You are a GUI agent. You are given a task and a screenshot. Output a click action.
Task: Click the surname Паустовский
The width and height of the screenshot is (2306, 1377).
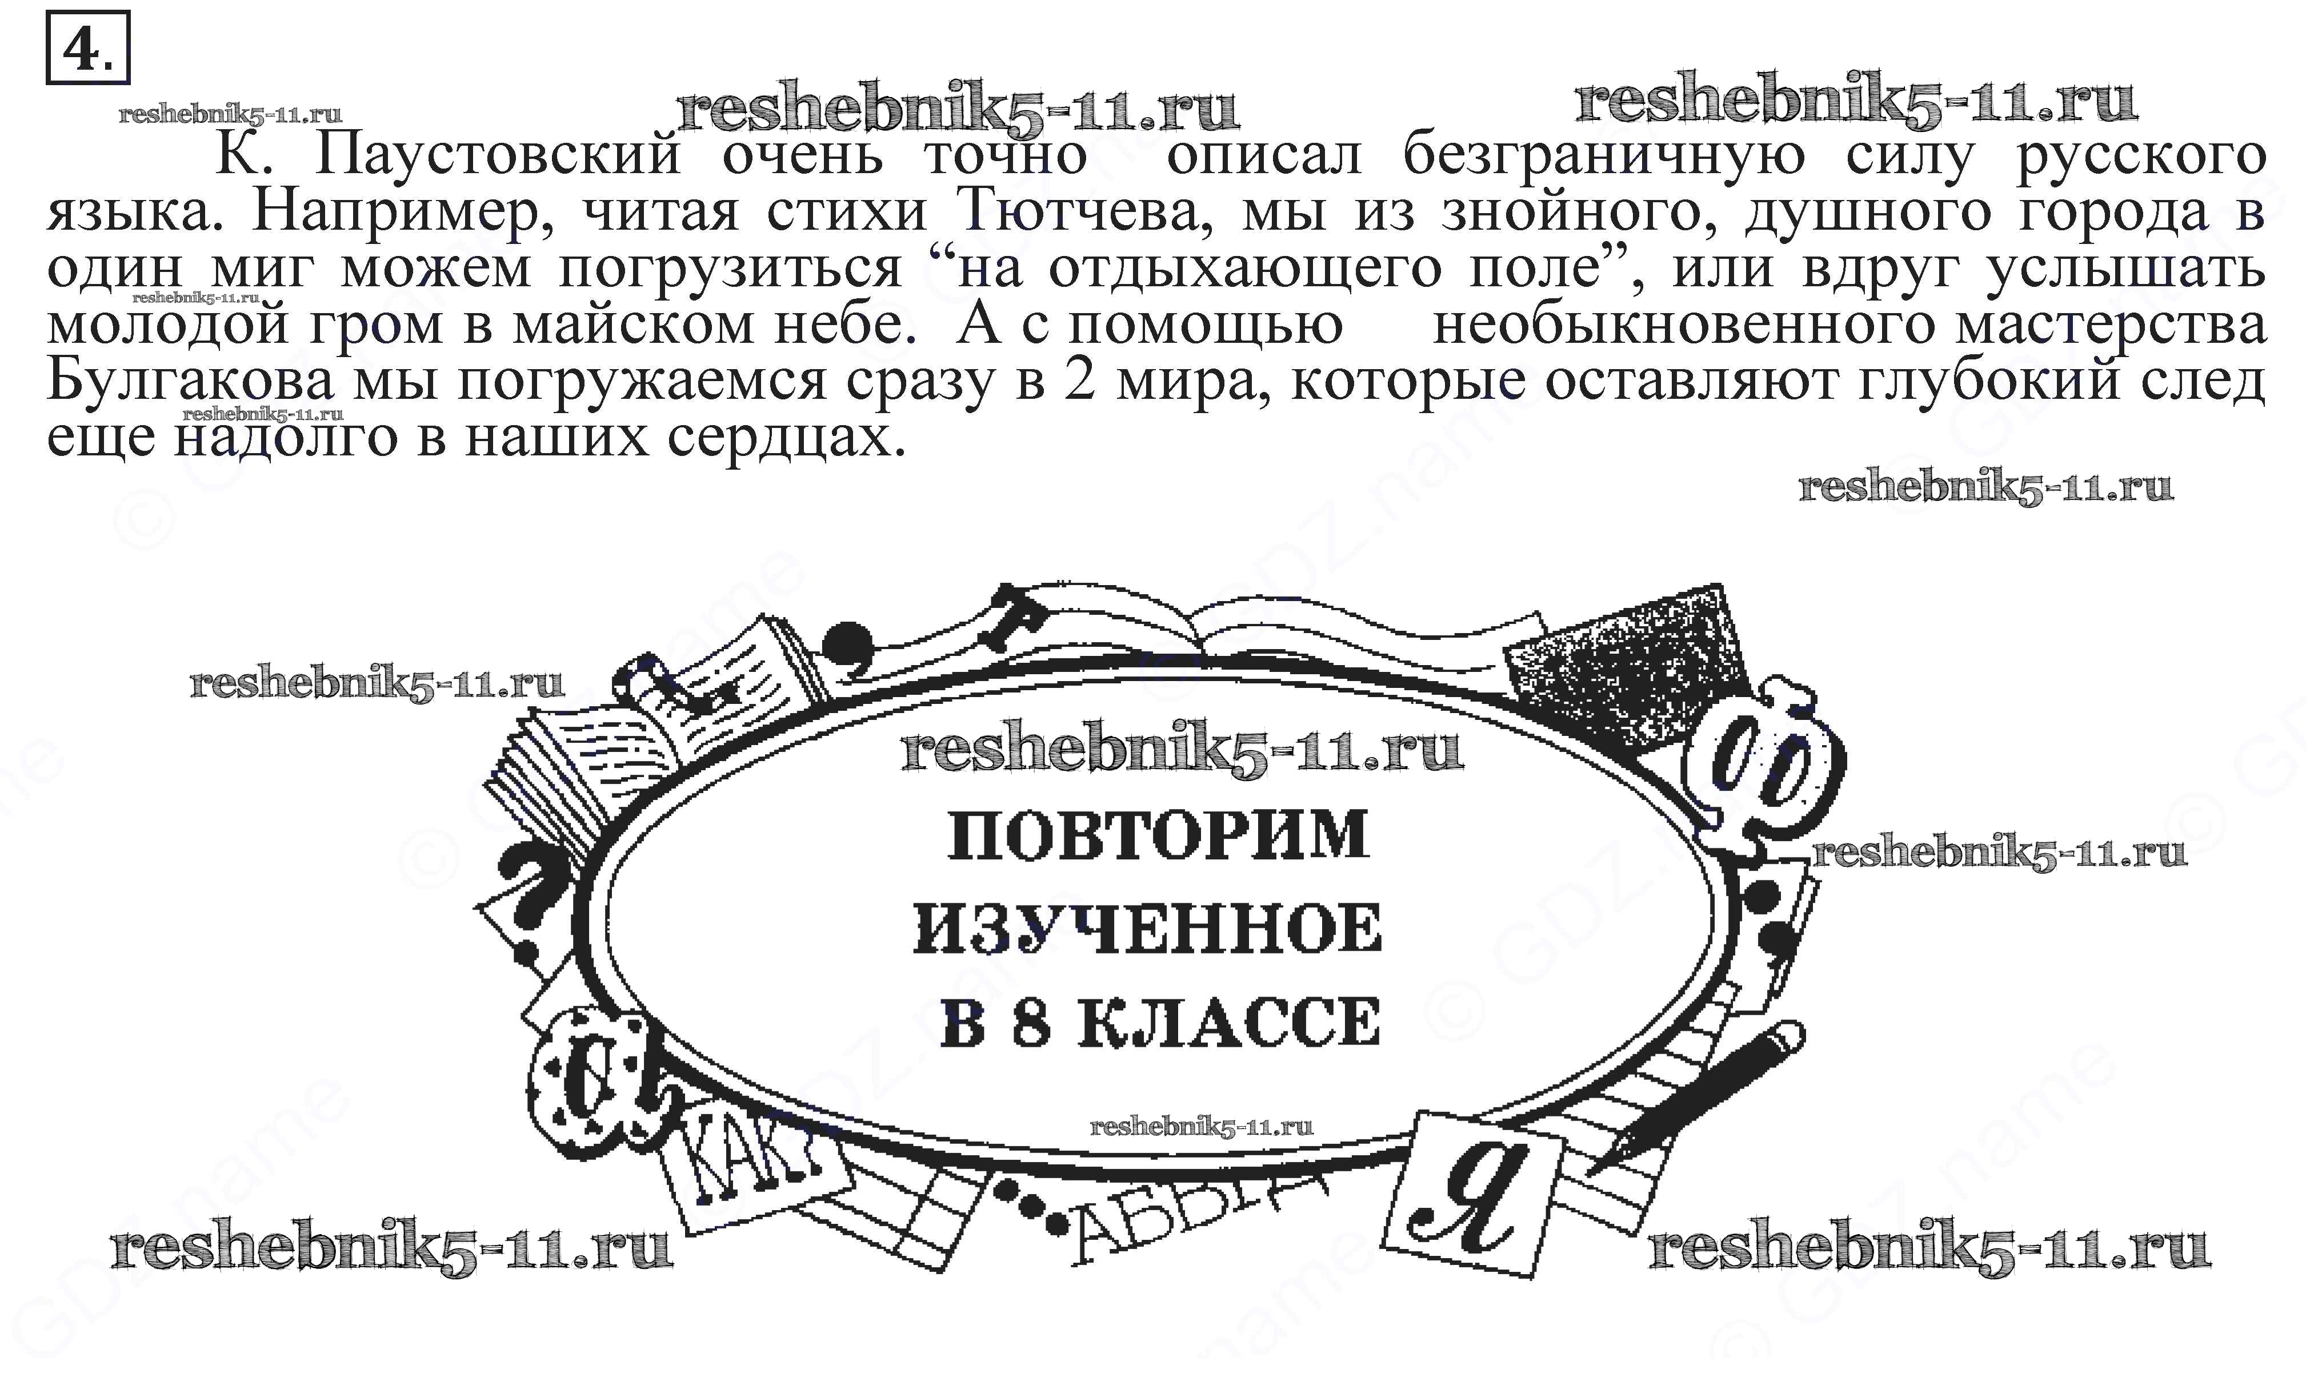[499, 155]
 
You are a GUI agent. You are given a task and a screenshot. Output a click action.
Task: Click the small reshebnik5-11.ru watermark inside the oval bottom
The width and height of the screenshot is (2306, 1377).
[1201, 1127]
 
